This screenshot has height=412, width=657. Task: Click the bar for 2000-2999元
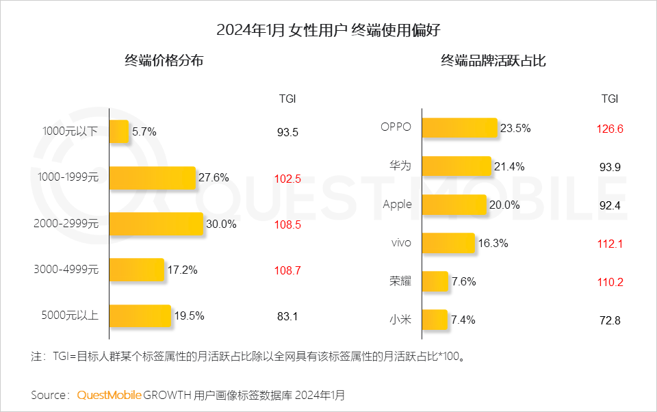pyautogui.click(x=156, y=224)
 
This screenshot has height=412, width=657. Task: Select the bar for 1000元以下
pyautogui.click(x=118, y=132)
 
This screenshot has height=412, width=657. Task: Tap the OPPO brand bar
pyautogui.click(x=459, y=128)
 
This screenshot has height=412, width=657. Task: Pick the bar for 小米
pyautogui.click(x=434, y=320)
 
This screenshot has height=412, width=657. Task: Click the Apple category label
pyautogui.click(x=397, y=205)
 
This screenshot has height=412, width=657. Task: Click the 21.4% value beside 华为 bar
pyautogui.click(x=509, y=166)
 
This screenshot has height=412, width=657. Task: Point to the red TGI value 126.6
pyautogui.click(x=610, y=128)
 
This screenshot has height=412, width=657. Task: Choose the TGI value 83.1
pyautogui.click(x=287, y=316)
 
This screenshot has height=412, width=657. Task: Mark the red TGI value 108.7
pyautogui.click(x=287, y=270)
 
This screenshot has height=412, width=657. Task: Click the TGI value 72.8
pyautogui.click(x=610, y=320)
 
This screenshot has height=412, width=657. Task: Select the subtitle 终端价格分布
pyautogui.click(x=164, y=61)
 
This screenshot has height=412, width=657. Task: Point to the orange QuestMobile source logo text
pyautogui.click(x=109, y=395)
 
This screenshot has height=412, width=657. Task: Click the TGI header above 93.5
pyautogui.click(x=287, y=99)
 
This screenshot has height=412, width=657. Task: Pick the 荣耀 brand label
pyautogui.click(x=400, y=281)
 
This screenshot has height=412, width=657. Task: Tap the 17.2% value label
pyautogui.click(x=182, y=270)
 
